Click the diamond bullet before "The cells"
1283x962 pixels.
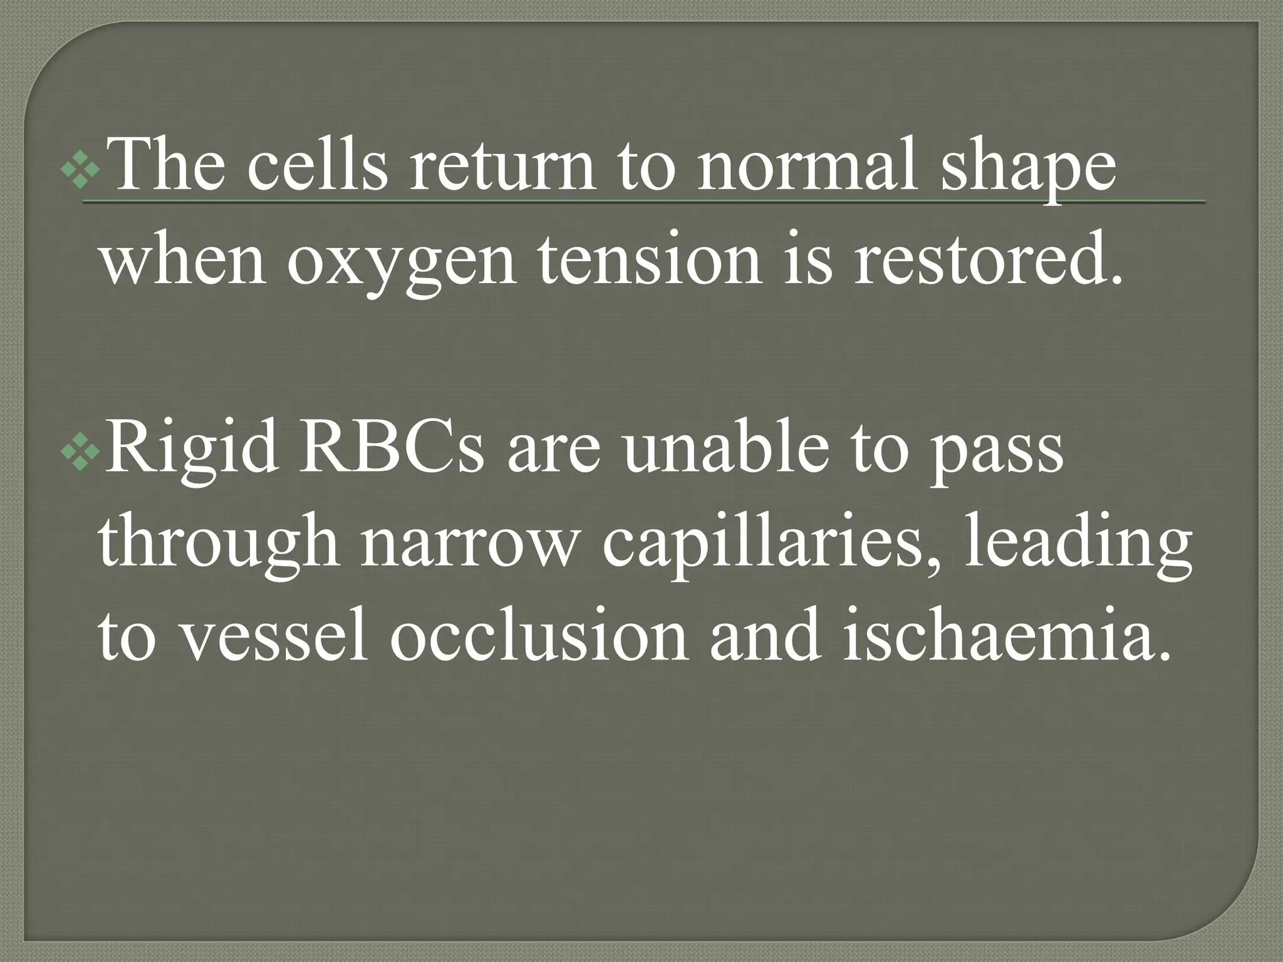80,167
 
